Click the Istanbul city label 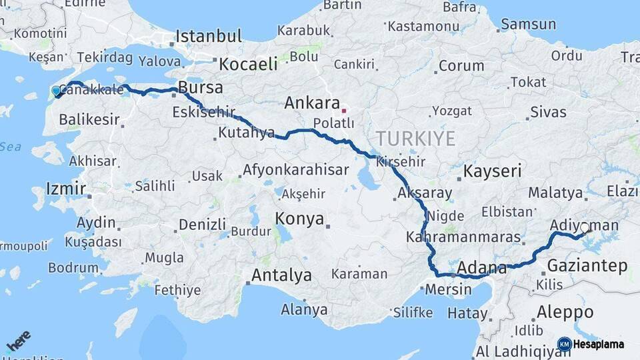[x=208, y=36]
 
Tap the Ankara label [x=312, y=103]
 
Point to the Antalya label [x=281, y=275]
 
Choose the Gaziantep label [x=587, y=266]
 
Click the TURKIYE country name [x=415, y=139]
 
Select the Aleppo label [x=565, y=311]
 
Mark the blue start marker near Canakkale [x=57, y=91]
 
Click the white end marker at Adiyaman [x=585, y=228]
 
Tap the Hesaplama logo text [x=598, y=344]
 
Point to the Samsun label [x=528, y=25]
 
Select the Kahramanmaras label [x=453, y=237]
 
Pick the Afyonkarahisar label [x=295, y=170]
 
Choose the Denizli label [x=202, y=225]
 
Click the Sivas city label [x=548, y=111]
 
